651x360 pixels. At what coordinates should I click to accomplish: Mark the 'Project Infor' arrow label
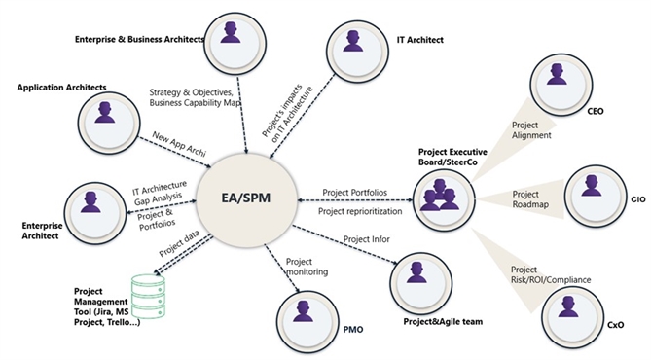point(371,240)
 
